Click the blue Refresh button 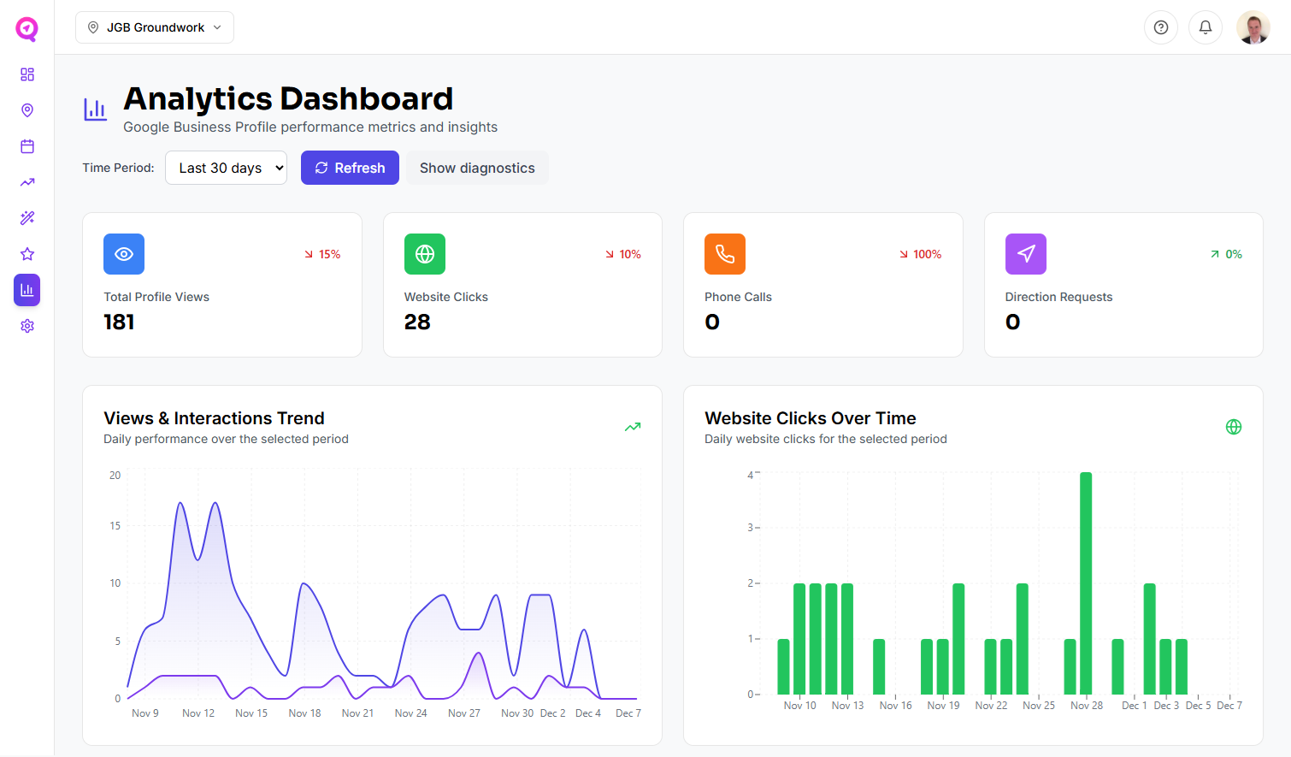coord(350,168)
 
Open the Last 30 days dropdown coord(226,168)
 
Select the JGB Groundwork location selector coord(155,27)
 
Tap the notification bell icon coord(1206,27)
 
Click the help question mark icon coord(1161,27)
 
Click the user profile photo coord(1253,27)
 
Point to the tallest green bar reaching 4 coord(1086,582)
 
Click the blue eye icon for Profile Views coord(124,254)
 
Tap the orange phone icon coord(725,254)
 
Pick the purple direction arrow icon coord(1026,254)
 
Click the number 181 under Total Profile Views coord(119,322)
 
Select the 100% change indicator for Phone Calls coord(921,254)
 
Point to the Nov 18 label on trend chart coord(304,713)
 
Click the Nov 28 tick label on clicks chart coord(1087,706)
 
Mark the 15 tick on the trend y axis coord(115,526)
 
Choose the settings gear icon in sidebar coord(27,326)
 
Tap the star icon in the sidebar coord(27,254)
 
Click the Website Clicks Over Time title coord(810,418)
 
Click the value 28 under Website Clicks coord(417,322)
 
